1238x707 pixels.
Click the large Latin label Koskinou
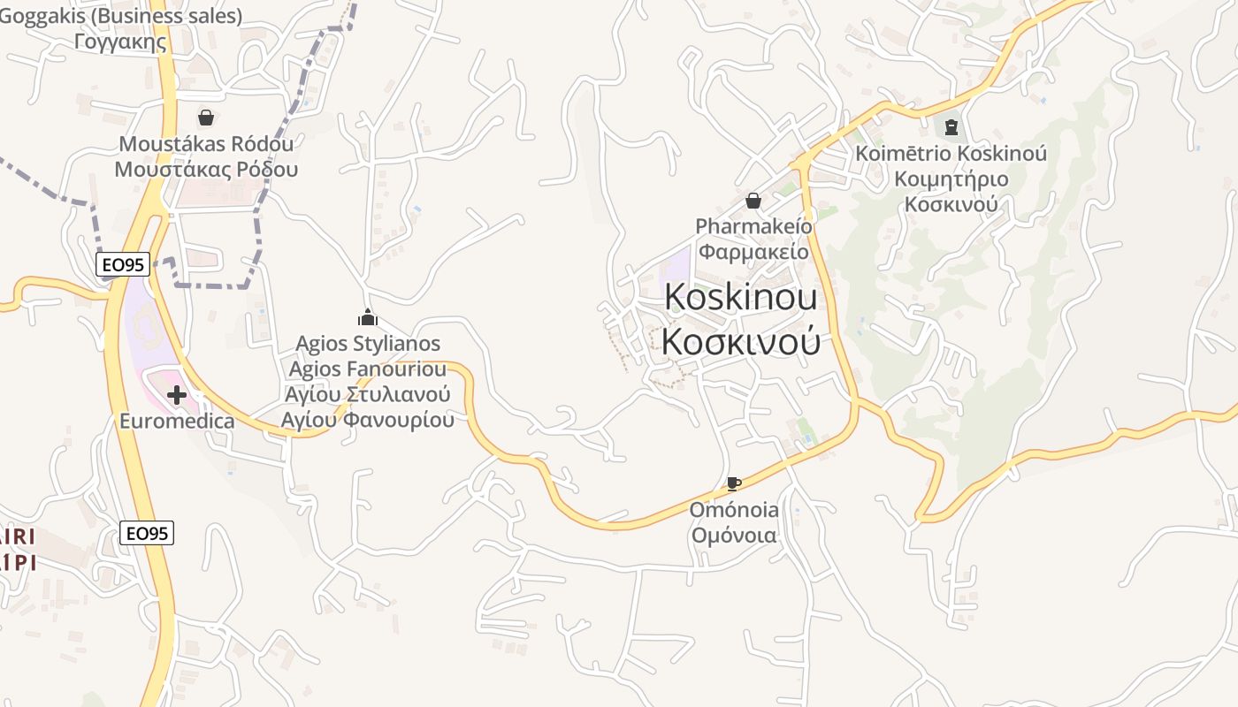[740, 297]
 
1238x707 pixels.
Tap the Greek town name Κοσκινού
[740, 342]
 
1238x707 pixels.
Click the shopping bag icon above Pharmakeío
[753, 201]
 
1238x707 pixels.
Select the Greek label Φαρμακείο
[753, 251]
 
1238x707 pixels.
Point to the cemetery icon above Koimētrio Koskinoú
[951, 128]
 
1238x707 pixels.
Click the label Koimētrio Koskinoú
[951, 154]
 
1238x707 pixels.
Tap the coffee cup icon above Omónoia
[733, 483]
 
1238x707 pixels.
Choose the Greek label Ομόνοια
[734, 536]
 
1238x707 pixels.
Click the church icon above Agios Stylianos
[367, 317]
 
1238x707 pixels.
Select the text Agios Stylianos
[368, 344]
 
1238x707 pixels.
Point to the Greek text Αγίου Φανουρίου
[368, 420]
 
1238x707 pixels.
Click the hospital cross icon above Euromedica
[177, 395]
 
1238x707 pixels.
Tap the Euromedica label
[178, 421]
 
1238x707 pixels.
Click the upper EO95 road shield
[123, 263]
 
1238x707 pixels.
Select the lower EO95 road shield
[147, 533]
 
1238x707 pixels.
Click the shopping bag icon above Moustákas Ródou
[206, 118]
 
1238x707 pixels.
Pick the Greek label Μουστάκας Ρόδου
[206, 169]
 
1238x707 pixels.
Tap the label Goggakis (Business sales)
[121, 16]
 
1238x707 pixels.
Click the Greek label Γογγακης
[121, 41]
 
